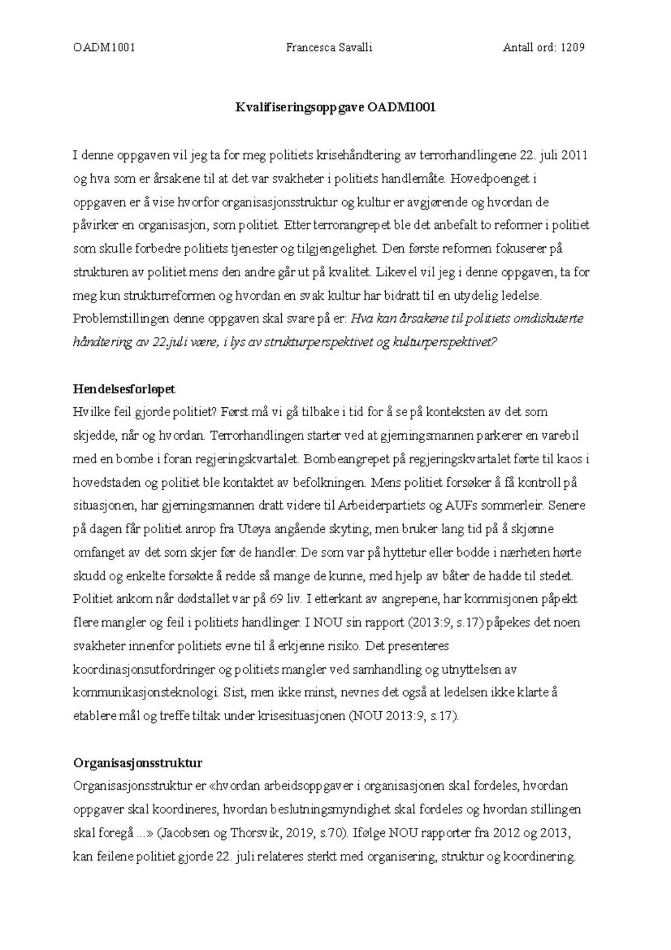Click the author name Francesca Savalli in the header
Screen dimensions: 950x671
[x=329, y=48]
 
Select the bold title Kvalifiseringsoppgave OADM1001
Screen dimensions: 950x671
[x=335, y=108]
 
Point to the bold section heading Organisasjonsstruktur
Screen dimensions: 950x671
[x=138, y=763]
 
